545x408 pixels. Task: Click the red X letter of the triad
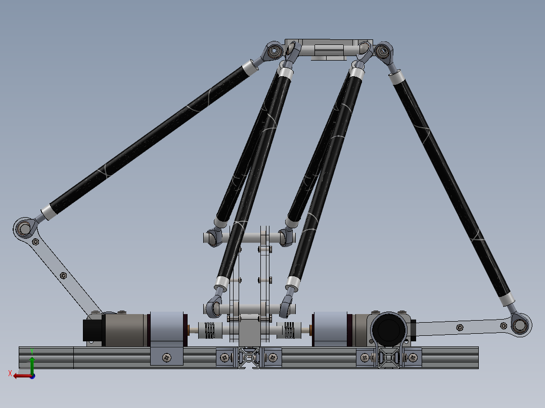click(10, 374)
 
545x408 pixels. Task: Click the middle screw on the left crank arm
click(63, 275)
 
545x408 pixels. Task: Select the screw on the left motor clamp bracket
click(167, 358)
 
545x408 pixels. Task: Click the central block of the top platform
click(328, 50)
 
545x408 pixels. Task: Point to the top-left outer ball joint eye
click(275, 50)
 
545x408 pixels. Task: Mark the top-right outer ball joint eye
click(383, 50)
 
